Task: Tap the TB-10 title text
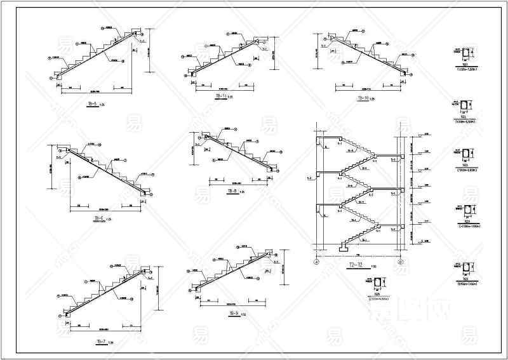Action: coord(363,98)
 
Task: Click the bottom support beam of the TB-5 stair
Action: coord(58,76)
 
